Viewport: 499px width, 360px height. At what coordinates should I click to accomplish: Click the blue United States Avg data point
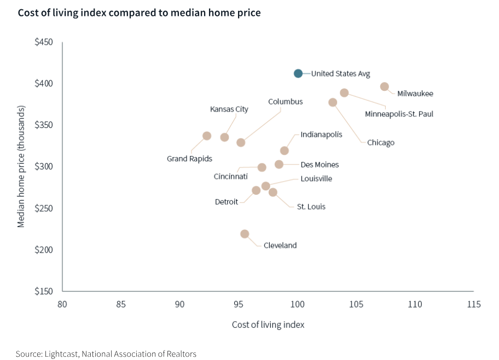(x=298, y=73)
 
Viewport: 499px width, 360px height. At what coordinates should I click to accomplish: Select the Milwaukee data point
(x=385, y=86)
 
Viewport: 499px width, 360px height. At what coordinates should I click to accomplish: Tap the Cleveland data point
(x=245, y=234)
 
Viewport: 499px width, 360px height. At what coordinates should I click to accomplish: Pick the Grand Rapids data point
(x=207, y=136)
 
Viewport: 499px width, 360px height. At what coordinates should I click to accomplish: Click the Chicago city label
(x=380, y=143)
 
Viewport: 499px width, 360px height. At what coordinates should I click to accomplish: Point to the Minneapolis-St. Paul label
(x=399, y=114)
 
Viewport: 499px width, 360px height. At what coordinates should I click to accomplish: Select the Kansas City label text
(x=229, y=109)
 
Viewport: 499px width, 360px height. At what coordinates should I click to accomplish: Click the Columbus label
(x=285, y=102)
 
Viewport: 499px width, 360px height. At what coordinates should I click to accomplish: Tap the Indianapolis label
(x=321, y=134)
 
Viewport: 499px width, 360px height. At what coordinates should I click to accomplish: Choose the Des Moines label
(x=320, y=165)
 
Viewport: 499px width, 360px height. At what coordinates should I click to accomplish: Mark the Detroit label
(x=226, y=202)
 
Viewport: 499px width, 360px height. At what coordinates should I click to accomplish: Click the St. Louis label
(x=311, y=207)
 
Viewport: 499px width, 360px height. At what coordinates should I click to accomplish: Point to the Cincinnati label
(x=230, y=176)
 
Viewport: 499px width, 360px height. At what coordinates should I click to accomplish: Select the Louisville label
(x=316, y=178)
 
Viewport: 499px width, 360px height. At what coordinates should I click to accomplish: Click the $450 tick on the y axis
(x=44, y=42)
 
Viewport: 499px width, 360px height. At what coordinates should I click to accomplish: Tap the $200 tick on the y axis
(x=44, y=249)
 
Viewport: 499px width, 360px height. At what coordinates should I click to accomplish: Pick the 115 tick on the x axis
(x=473, y=304)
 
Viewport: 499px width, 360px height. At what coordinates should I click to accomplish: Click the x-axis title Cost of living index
(x=268, y=324)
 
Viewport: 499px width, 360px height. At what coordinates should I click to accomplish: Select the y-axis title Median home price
(x=21, y=166)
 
